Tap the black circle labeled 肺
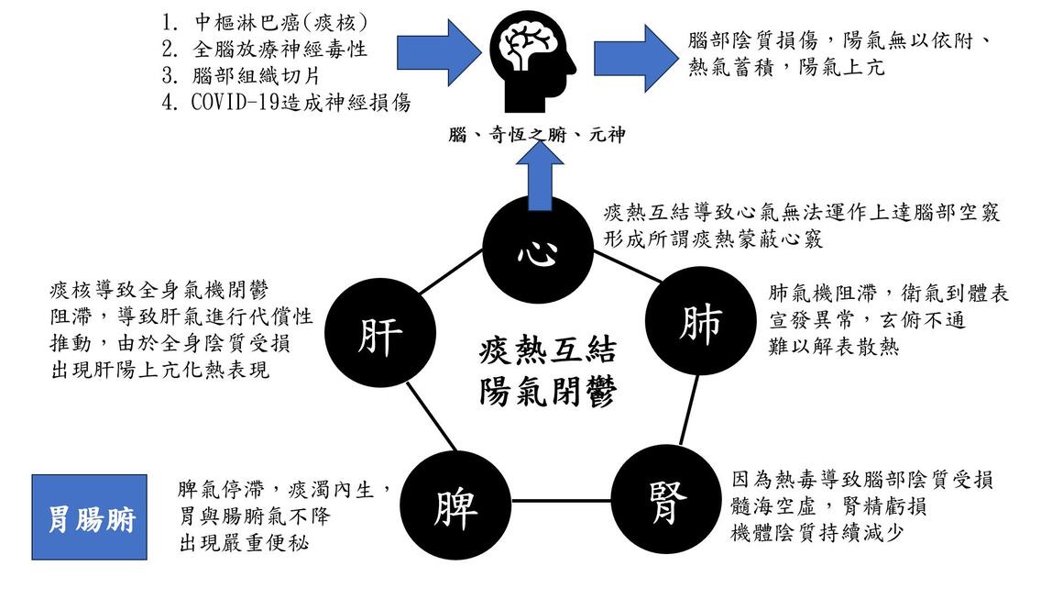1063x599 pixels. click(x=699, y=323)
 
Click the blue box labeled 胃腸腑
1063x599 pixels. click(x=90, y=518)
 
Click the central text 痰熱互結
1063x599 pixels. click(x=547, y=350)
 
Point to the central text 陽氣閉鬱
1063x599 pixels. click(x=547, y=393)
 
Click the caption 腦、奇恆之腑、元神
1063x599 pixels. click(x=536, y=134)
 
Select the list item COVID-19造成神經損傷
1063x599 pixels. click(x=301, y=102)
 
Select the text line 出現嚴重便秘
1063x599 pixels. click(x=244, y=543)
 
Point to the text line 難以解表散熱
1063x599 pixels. click(x=833, y=346)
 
